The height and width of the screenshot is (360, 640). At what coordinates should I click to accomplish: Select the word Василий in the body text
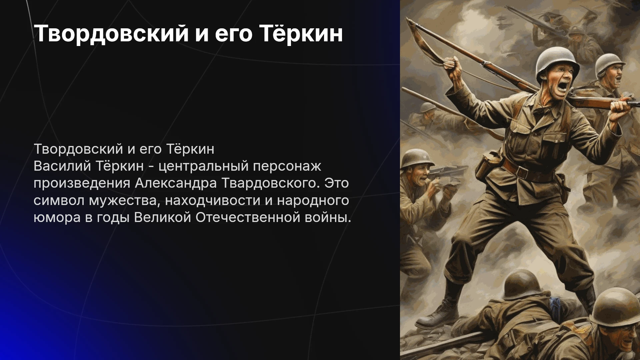point(61,166)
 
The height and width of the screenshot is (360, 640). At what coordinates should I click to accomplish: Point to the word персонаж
point(287,166)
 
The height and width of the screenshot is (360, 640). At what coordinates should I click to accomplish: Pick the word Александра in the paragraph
point(176,183)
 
